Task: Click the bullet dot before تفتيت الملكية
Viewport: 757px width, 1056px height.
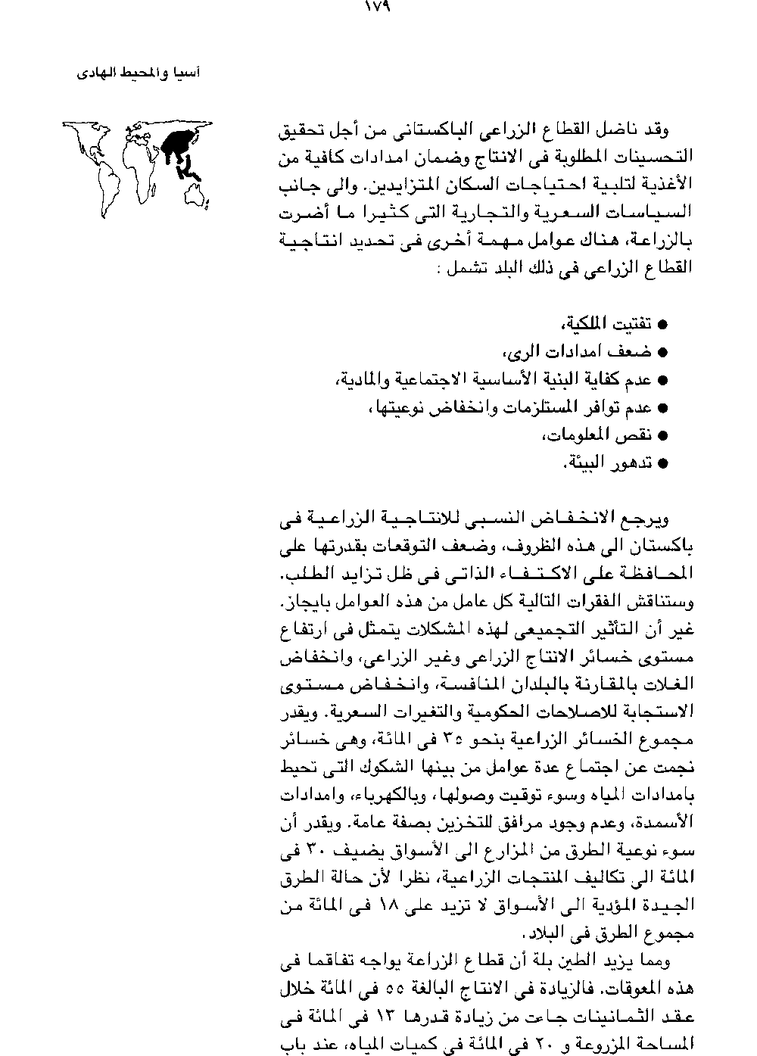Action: click(662, 325)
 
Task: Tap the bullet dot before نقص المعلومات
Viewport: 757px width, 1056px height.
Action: click(662, 435)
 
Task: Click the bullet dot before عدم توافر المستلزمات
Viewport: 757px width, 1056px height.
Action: click(662, 408)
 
